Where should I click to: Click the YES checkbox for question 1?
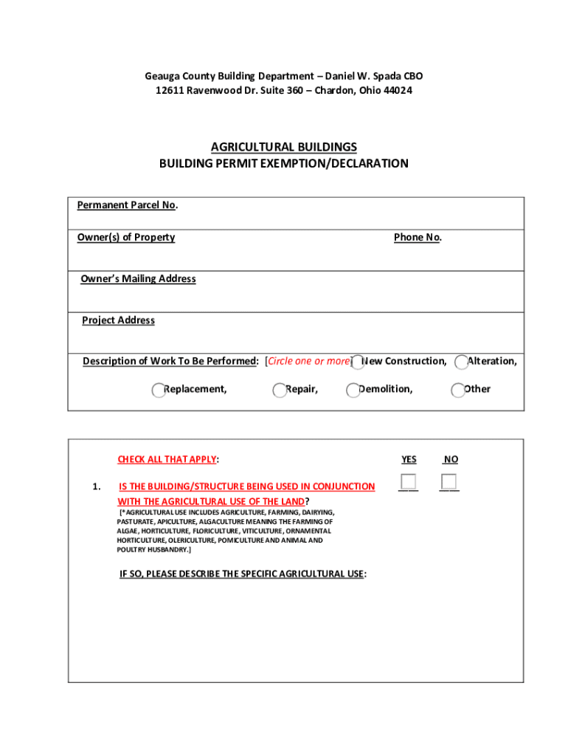pyautogui.click(x=409, y=482)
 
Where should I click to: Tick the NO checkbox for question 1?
pyautogui.click(x=449, y=482)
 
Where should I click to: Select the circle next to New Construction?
pyautogui.click(x=358, y=362)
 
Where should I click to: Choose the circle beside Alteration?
pyautogui.click(x=463, y=362)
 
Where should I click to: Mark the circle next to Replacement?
pyautogui.click(x=159, y=391)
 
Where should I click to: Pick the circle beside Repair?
pyautogui.click(x=280, y=391)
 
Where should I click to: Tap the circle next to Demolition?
pyautogui.click(x=353, y=391)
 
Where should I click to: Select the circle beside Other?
pyautogui.click(x=458, y=391)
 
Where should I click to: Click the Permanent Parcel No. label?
pyautogui.click(x=127, y=205)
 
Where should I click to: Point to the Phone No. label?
pyautogui.click(x=418, y=237)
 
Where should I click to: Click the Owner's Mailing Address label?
pyautogui.click(x=139, y=278)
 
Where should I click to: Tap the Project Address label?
pyautogui.click(x=118, y=320)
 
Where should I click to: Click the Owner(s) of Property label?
pyautogui.click(x=126, y=237)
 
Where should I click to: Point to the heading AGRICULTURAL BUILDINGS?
pyautogui.click(x=284, y=147)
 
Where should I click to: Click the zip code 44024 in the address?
pyautogui.click(x=397, y=91)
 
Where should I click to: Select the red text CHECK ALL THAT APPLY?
pyautogui.click(x=167, y=459)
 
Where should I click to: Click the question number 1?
pyautogui.click(x=97, y=487)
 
